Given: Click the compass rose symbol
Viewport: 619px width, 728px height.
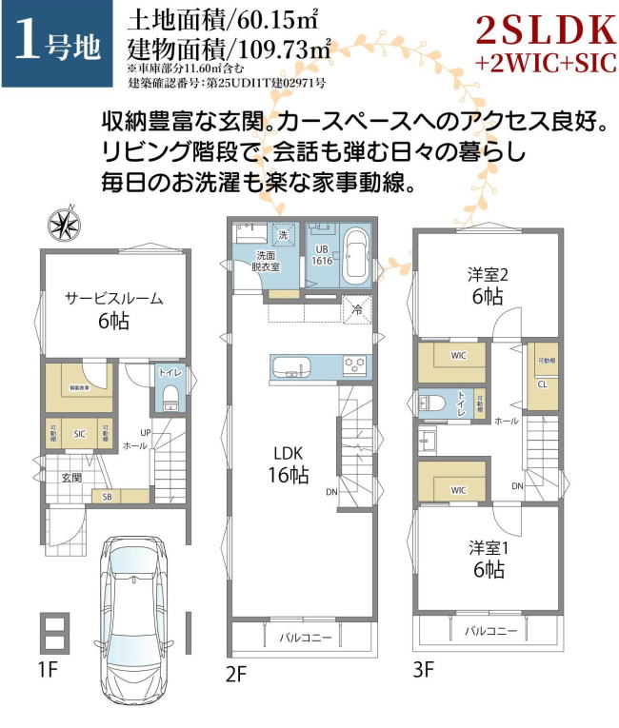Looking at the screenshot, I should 66,224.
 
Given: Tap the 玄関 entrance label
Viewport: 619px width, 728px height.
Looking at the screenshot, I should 72,477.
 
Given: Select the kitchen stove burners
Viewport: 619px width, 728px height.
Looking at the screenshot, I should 355,366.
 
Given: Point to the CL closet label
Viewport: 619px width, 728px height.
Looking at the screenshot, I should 541,384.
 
